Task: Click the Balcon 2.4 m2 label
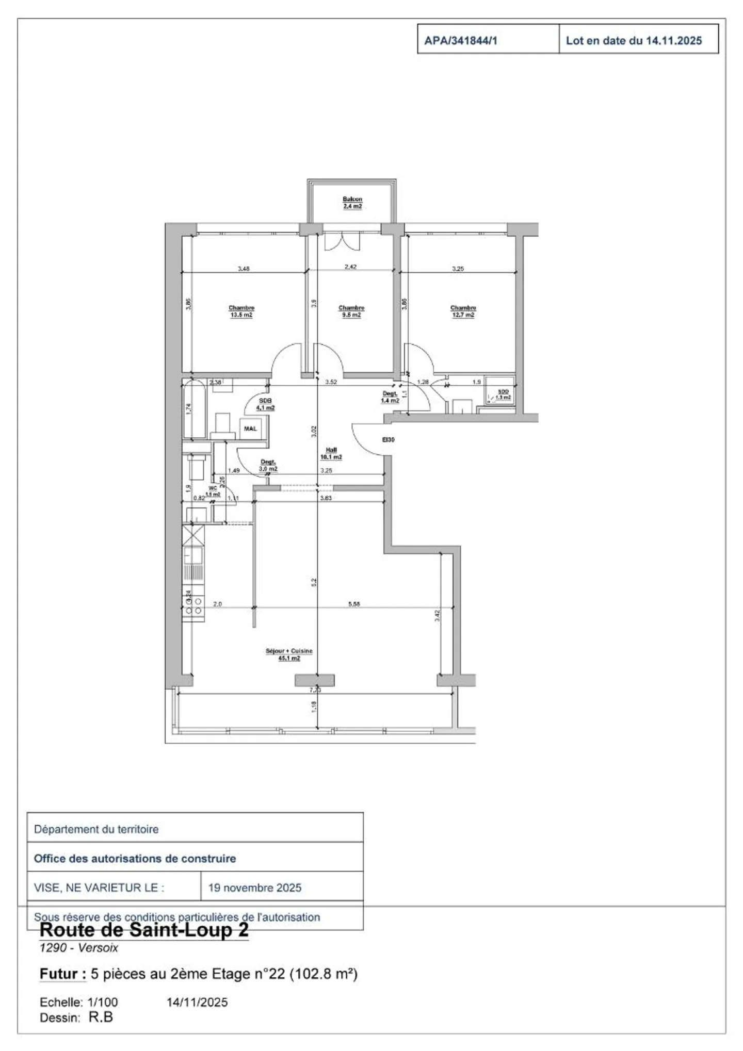tap(352, 203)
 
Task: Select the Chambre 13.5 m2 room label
tap(241, 311)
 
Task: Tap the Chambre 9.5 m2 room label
tap(351, 311)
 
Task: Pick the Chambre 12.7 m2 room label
tap(463, 311)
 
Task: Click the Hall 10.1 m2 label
tap(331, 453)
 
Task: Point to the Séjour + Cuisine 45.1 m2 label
tap(289, 654)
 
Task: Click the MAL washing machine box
tap(250, 429)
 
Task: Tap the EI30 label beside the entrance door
tap(388, 440)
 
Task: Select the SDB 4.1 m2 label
tap(265, 404)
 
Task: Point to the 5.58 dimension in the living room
tap(354, 604)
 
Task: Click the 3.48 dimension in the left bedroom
tap(244, 269)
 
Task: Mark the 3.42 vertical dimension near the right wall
tap(438, 615)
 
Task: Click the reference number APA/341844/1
tap(460, 41)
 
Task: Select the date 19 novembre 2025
tap(254, 888)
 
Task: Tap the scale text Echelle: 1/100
tap(78, 1002)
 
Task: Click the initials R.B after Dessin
tap(101, 1017)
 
